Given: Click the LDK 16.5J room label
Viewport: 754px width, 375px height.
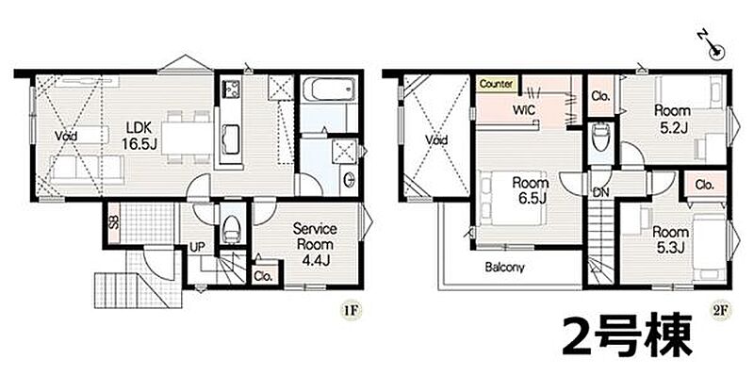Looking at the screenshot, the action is point(139,136).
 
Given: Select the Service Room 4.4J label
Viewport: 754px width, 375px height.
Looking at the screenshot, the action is point(315,244).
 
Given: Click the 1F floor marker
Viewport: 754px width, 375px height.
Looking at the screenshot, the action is point(351,311).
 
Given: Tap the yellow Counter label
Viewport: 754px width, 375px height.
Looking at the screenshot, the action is point(496,84).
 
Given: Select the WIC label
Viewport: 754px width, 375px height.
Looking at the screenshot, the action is point(524,110).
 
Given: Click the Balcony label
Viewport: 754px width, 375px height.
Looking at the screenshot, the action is point(504,268).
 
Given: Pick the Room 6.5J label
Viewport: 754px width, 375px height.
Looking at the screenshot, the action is point(531,190).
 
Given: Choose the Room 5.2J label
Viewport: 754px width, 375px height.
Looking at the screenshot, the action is point(672,119).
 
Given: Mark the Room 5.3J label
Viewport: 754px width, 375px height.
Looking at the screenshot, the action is point(670,239).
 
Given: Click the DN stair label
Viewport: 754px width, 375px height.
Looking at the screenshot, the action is point(601,192).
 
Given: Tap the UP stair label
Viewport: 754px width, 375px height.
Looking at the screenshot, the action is point(197,247).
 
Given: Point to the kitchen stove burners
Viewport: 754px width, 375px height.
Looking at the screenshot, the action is point(231,89).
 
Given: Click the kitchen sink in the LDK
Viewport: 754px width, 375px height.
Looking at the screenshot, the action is point(231,139).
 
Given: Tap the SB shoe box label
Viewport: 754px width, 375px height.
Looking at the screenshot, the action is point(113,224).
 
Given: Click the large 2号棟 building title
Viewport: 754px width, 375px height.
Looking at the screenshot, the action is point(627,336).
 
